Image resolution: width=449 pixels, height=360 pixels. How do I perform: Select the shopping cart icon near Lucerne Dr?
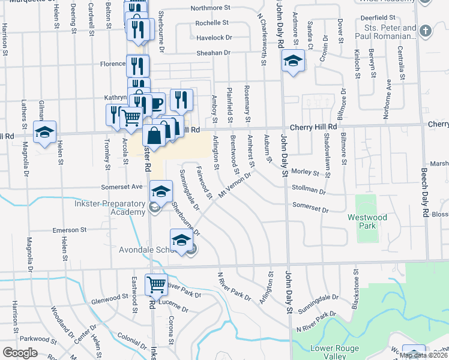point(156,284)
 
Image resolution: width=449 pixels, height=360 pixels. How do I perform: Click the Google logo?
point(20,353)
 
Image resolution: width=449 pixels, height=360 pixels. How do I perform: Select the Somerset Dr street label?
point(310,208)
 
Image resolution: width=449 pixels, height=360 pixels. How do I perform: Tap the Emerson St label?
point(70,230)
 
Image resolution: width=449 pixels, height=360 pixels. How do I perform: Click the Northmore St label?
point(211,8)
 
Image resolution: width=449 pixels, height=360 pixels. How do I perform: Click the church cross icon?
point(425,31)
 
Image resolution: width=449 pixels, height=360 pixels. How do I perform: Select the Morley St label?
point(305,172)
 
